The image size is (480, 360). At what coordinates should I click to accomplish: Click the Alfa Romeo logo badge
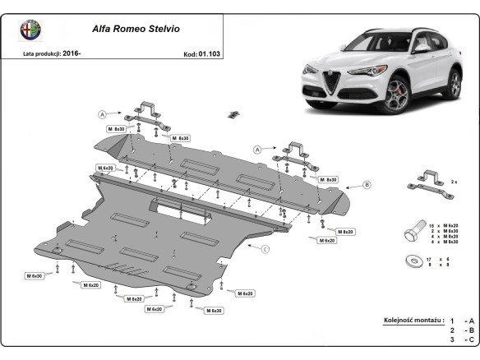31,30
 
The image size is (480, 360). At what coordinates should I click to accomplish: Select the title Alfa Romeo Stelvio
136,28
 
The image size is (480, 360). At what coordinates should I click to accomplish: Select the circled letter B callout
367,185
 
